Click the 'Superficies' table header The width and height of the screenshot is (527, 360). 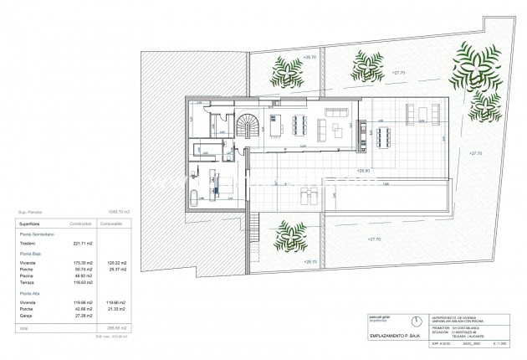tap(31, 224)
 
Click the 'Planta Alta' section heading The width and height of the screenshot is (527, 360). tap(31, 294)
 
